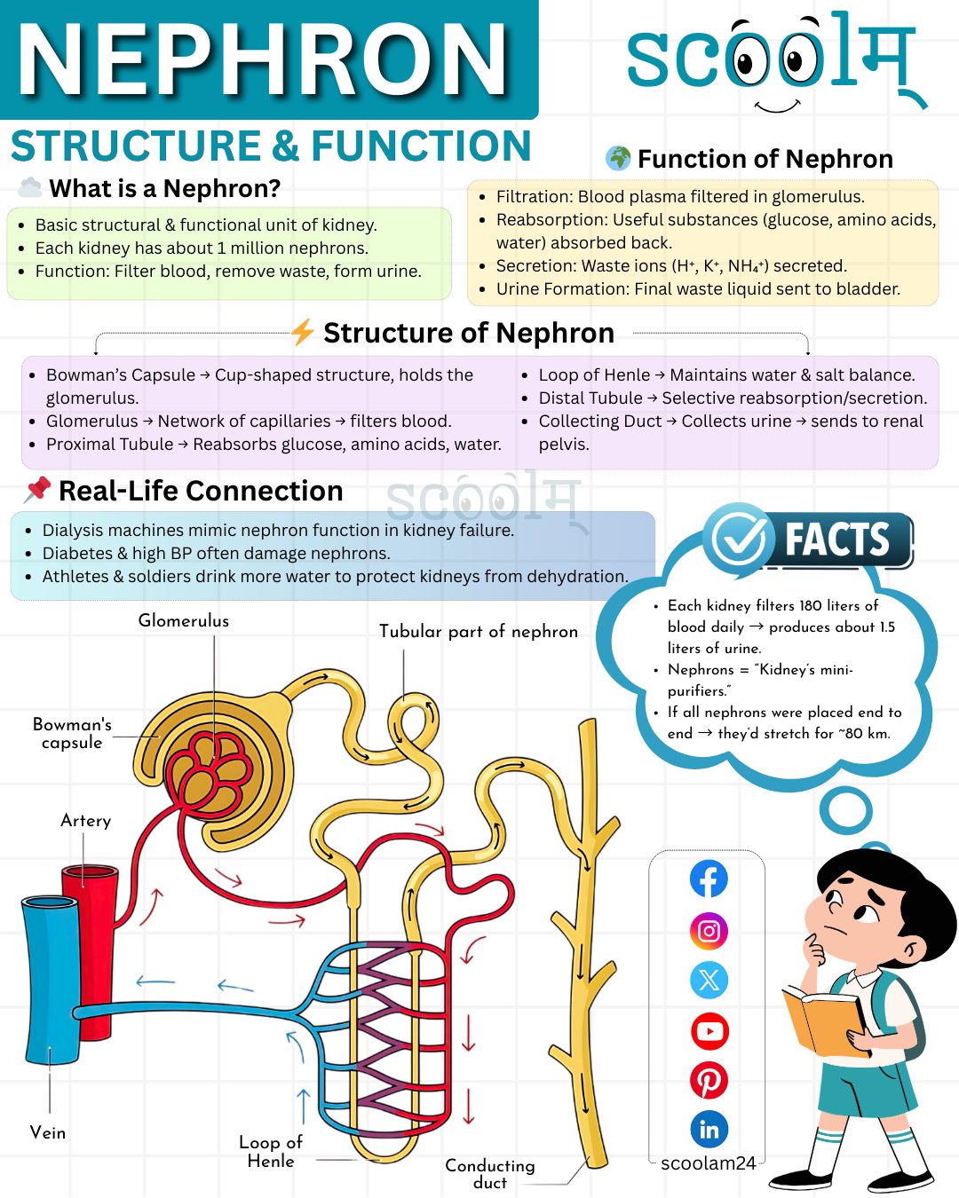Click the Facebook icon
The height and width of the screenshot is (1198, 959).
[709, 879]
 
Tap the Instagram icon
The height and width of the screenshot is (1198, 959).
[709, 931]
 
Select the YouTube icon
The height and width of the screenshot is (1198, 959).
[709, 1031]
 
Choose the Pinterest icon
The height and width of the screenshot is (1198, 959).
[709, 1081]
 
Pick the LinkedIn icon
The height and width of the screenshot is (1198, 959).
[709, 1130]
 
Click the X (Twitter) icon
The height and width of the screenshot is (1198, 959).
[709, 980]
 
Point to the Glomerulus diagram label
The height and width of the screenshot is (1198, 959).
[183, 620]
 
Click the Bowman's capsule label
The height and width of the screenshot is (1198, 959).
[72, 733]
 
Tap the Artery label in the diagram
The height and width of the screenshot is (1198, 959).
[86, 821]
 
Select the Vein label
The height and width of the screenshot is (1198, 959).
[48, 1133]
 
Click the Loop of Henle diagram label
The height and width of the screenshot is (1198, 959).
[271, 1152]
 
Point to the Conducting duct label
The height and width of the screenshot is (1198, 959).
[490, 1173]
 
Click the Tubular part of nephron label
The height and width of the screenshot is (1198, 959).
[478, 631]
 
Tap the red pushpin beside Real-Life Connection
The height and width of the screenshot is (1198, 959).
[37, 490]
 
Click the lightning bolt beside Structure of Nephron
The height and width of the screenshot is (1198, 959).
[303, 332]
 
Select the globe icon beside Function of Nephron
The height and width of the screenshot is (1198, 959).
[619, 159]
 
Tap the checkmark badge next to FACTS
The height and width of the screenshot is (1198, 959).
[739, 539]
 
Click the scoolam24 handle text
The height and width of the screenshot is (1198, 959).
[709, 1163]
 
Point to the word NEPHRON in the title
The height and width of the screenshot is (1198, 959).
[262, 59]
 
